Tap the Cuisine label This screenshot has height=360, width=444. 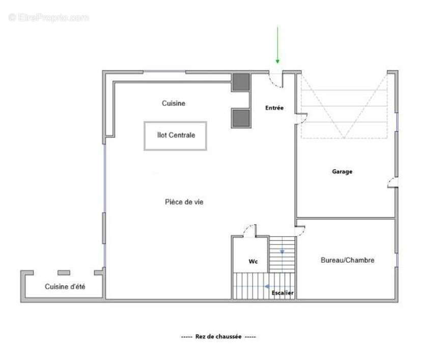coord(174,103)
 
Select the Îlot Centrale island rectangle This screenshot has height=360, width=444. coord(176,136)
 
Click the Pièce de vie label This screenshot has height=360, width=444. coord(184,202)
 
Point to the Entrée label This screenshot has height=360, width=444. coord(274,108)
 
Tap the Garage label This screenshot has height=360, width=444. coord(342,172)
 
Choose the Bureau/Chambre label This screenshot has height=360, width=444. coord(347,260)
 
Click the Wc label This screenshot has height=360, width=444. coord(253,262)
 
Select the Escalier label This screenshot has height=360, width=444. coord(282,293)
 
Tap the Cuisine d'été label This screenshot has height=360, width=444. coord(65,287)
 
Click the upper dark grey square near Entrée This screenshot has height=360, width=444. coord(241,82)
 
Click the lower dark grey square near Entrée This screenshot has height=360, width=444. coord(241,118)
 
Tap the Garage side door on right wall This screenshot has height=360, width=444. coord(392,183)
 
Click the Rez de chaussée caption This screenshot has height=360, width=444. coord(219,337)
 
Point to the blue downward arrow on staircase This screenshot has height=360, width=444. coord(282,251)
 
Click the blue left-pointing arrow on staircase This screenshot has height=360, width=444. coord(266,287)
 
